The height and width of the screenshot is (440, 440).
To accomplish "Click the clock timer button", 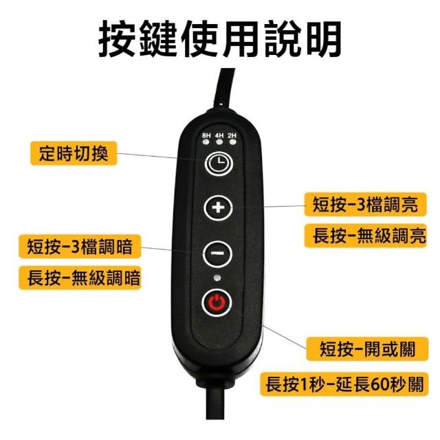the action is coord(219,164).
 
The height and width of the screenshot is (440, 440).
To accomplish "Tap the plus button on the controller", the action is coord(218,208).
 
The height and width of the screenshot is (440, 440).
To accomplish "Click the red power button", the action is coord(217,303).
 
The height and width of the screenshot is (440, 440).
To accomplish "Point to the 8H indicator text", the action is coord(206,135).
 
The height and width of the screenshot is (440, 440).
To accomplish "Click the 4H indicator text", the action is coord(219,135).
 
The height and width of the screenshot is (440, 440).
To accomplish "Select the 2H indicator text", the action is coord(232,135).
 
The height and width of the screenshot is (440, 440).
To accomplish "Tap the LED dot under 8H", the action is coord(206,142).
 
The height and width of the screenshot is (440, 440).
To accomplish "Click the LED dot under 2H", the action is coord(232,142).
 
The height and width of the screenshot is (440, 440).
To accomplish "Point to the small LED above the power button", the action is coord(217,278).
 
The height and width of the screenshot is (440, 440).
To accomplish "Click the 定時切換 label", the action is coord(74,153).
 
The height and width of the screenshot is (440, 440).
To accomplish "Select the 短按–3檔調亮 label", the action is coord(365,204).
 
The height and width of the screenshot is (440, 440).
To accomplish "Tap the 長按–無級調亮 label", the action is coord(365,235).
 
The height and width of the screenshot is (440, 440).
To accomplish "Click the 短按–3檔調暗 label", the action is coord(80,246).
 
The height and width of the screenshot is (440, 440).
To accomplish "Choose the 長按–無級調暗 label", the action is coord(80,278).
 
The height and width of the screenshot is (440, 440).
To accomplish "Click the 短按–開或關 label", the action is coord(367,349).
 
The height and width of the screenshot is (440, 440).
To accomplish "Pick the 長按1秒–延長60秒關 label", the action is coord(344,384).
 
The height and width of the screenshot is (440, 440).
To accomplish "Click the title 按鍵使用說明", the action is coord(220,38).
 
